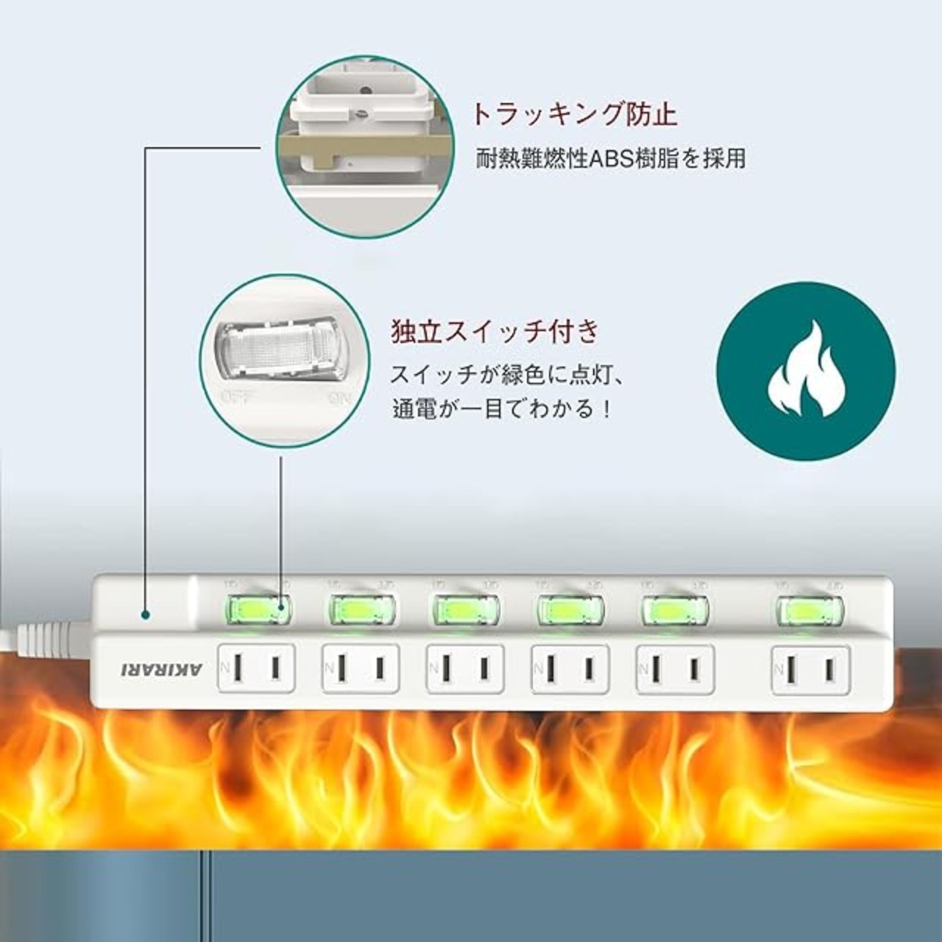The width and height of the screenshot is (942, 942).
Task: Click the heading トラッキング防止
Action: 573,115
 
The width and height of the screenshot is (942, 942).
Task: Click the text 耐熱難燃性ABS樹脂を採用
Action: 610,158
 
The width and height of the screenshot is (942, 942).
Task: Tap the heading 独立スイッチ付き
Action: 495,332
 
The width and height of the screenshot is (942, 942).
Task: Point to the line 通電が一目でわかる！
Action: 502,408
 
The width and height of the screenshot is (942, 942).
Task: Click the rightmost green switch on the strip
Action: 810,610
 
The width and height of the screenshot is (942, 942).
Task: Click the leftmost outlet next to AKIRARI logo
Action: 256,668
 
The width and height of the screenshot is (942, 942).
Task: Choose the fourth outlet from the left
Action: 570,668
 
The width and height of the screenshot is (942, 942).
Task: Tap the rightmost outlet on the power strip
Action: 810,668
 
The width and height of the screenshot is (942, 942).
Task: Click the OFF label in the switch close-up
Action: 237,399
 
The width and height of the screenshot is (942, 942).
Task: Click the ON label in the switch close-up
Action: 341,399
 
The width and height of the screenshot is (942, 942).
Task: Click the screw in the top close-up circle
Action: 360,115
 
